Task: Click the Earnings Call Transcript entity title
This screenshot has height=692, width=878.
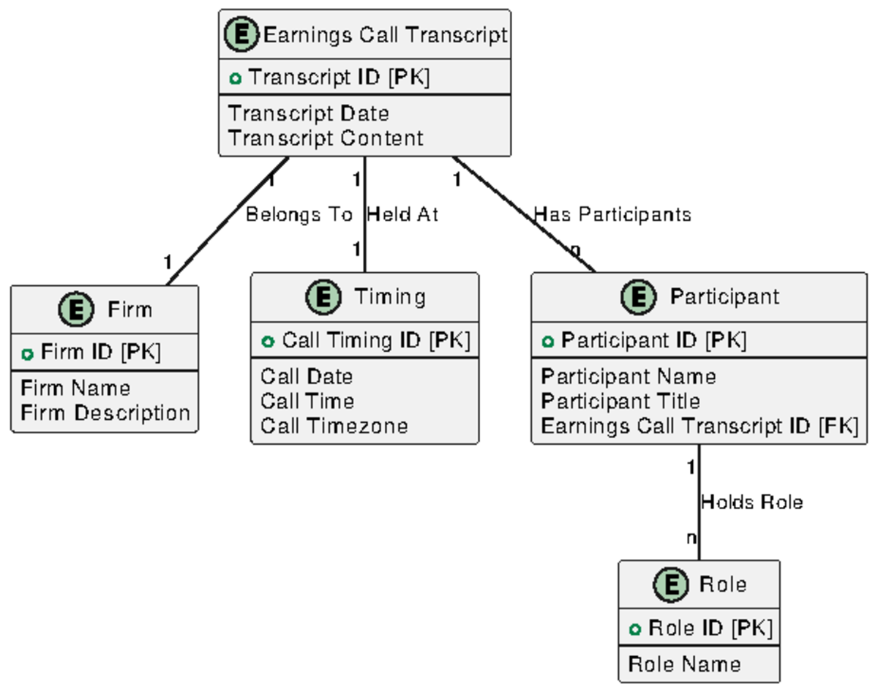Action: coord(384,35)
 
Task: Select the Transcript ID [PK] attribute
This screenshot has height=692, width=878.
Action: coord(338,78)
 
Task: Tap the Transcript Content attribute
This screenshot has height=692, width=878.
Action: coord(326,138)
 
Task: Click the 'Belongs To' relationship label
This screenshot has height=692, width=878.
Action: coord(299,214)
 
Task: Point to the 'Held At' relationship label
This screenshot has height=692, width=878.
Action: coord(402,214)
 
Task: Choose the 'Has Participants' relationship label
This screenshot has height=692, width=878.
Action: coord(612,214)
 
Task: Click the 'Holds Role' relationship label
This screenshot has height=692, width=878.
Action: coord(751,503)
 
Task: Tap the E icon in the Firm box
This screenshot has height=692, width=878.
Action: coord(76,309)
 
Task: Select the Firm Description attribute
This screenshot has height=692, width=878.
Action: coord(105,413)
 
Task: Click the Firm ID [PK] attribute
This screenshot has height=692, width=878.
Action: coord(100,353)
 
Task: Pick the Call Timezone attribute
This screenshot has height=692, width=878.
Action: coord(334,426)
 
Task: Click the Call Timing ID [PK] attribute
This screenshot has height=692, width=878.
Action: coord(375,340)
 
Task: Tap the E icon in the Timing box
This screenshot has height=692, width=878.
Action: coord(323,297)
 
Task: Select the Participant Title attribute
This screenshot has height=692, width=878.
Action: coord(620,402)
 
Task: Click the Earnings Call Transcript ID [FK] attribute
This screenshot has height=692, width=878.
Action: coord(699,426)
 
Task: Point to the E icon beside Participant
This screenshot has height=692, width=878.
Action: coord(639,297)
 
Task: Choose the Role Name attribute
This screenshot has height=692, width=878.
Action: coord(684,664)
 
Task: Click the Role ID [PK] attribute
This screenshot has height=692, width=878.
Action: coord(710,628)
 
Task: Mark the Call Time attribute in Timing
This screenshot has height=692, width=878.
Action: coord(307,402)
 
